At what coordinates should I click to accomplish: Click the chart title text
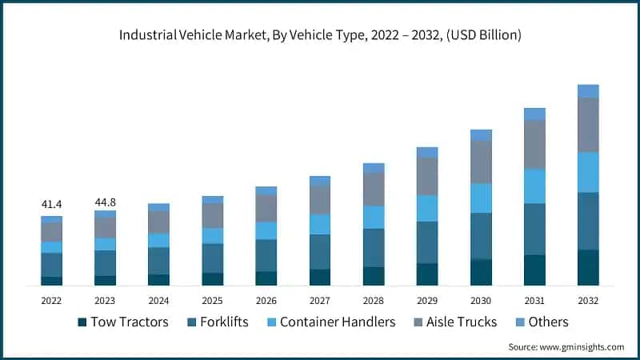[x=320, y=35]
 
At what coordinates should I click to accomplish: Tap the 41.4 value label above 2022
[x=51, y=206]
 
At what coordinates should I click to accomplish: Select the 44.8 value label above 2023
[x=105, y=202]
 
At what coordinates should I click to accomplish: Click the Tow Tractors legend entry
[x=123, y=322]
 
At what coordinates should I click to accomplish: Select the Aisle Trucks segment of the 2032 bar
[x=588, y=125]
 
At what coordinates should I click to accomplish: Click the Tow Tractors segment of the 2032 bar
[x=588, y=267]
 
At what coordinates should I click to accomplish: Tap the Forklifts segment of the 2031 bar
[x=534, y=229]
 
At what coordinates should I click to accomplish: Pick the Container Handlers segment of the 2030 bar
[x=481, y=198]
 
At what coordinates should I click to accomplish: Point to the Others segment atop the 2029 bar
[x=427, y=152]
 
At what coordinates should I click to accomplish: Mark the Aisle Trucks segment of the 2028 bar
[x=374, y=189]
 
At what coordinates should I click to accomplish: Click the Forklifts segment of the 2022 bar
[x=51, y=265]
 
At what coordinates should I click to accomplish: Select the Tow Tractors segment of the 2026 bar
[x=266, y=278]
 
